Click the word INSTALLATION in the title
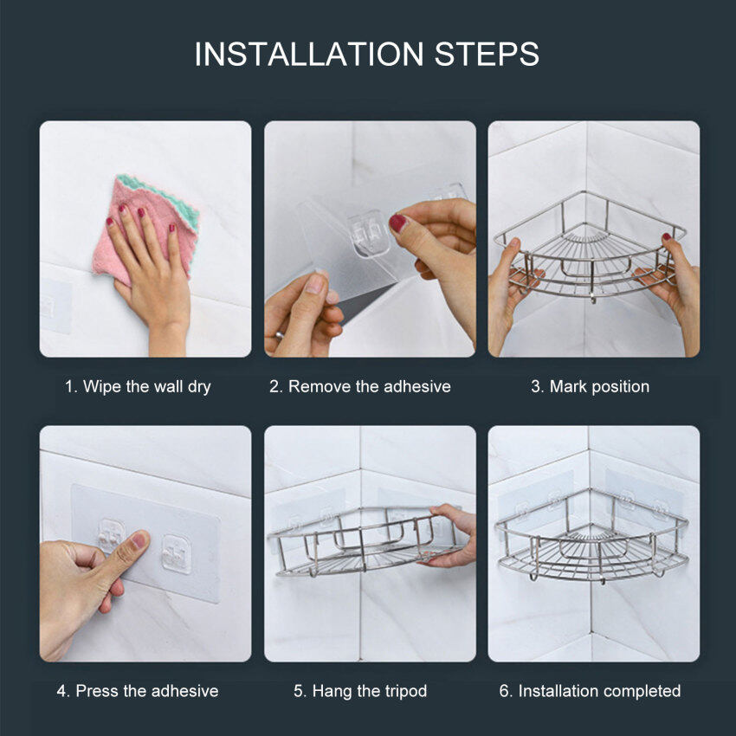coord(309,54)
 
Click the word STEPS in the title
coord(487,54)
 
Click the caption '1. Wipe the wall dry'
coord(138,387)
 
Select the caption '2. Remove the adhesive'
coord(360,386)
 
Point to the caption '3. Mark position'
coord(590,386)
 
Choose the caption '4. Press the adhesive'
coord(138,691)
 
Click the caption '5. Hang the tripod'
coord(360,691)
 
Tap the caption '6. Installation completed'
coord(590,691)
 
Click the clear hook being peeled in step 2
coord(370,233)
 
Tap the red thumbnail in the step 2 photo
coord(397,223)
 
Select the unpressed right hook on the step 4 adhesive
coord(177,554)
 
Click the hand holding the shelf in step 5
coord(450,535)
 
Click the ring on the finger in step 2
coord(279,335)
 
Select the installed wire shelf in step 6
coord(592,539)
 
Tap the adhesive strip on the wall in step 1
coord(55,306)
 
